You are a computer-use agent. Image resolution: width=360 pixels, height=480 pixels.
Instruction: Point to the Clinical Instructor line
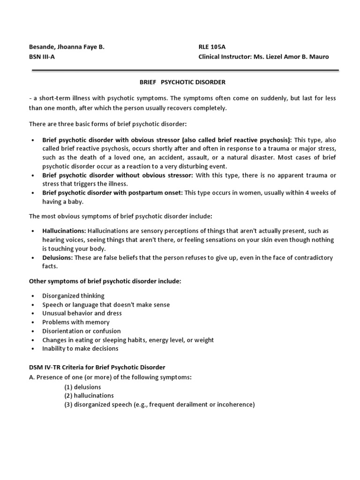[x=264, y=57]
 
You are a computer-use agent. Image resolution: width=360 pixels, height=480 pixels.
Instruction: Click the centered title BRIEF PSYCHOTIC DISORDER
[x=183, y=82]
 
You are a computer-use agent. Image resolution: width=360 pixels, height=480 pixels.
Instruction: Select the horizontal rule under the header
[x=185, y=70]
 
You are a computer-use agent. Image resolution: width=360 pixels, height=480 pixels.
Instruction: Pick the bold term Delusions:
[x=57, y=258]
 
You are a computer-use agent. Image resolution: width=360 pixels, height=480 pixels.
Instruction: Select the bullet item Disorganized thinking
[x=73, y=296]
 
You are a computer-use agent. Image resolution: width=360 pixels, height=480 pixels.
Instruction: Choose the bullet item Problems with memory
[x=75, y=322]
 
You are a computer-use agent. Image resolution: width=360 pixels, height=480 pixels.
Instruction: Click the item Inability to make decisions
[x=80, y=348]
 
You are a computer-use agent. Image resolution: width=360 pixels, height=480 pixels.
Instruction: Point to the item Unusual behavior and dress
[x=82, y=313]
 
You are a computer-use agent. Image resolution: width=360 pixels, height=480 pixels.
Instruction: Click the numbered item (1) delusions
[x=82, y=387]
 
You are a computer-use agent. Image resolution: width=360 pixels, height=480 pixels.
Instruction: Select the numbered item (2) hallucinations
[x=89, y=396]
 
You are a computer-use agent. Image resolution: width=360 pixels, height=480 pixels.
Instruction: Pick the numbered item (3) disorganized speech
[x=159, y=405]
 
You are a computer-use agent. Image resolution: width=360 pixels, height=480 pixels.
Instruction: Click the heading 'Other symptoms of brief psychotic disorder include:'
[x=105, y=281]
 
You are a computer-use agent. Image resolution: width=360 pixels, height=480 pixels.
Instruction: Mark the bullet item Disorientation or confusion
[x=81, y=331]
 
